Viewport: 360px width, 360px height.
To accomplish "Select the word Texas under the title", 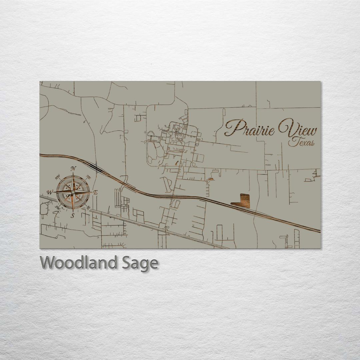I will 302,143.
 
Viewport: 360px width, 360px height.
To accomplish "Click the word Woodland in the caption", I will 79,263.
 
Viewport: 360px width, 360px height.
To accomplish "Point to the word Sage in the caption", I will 140,263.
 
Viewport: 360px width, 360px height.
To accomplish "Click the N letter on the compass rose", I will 73,168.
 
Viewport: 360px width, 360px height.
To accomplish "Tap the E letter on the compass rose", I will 95,192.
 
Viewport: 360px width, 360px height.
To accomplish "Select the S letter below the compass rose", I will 72,216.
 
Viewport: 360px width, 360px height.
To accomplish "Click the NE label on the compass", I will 88,177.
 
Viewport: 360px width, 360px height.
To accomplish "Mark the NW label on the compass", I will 58,177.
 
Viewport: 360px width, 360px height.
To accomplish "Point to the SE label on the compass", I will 88,208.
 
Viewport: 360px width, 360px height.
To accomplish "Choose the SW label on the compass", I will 57,208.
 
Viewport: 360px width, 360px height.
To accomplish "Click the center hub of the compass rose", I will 73,192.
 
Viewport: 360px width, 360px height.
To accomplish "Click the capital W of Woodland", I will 48,263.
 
